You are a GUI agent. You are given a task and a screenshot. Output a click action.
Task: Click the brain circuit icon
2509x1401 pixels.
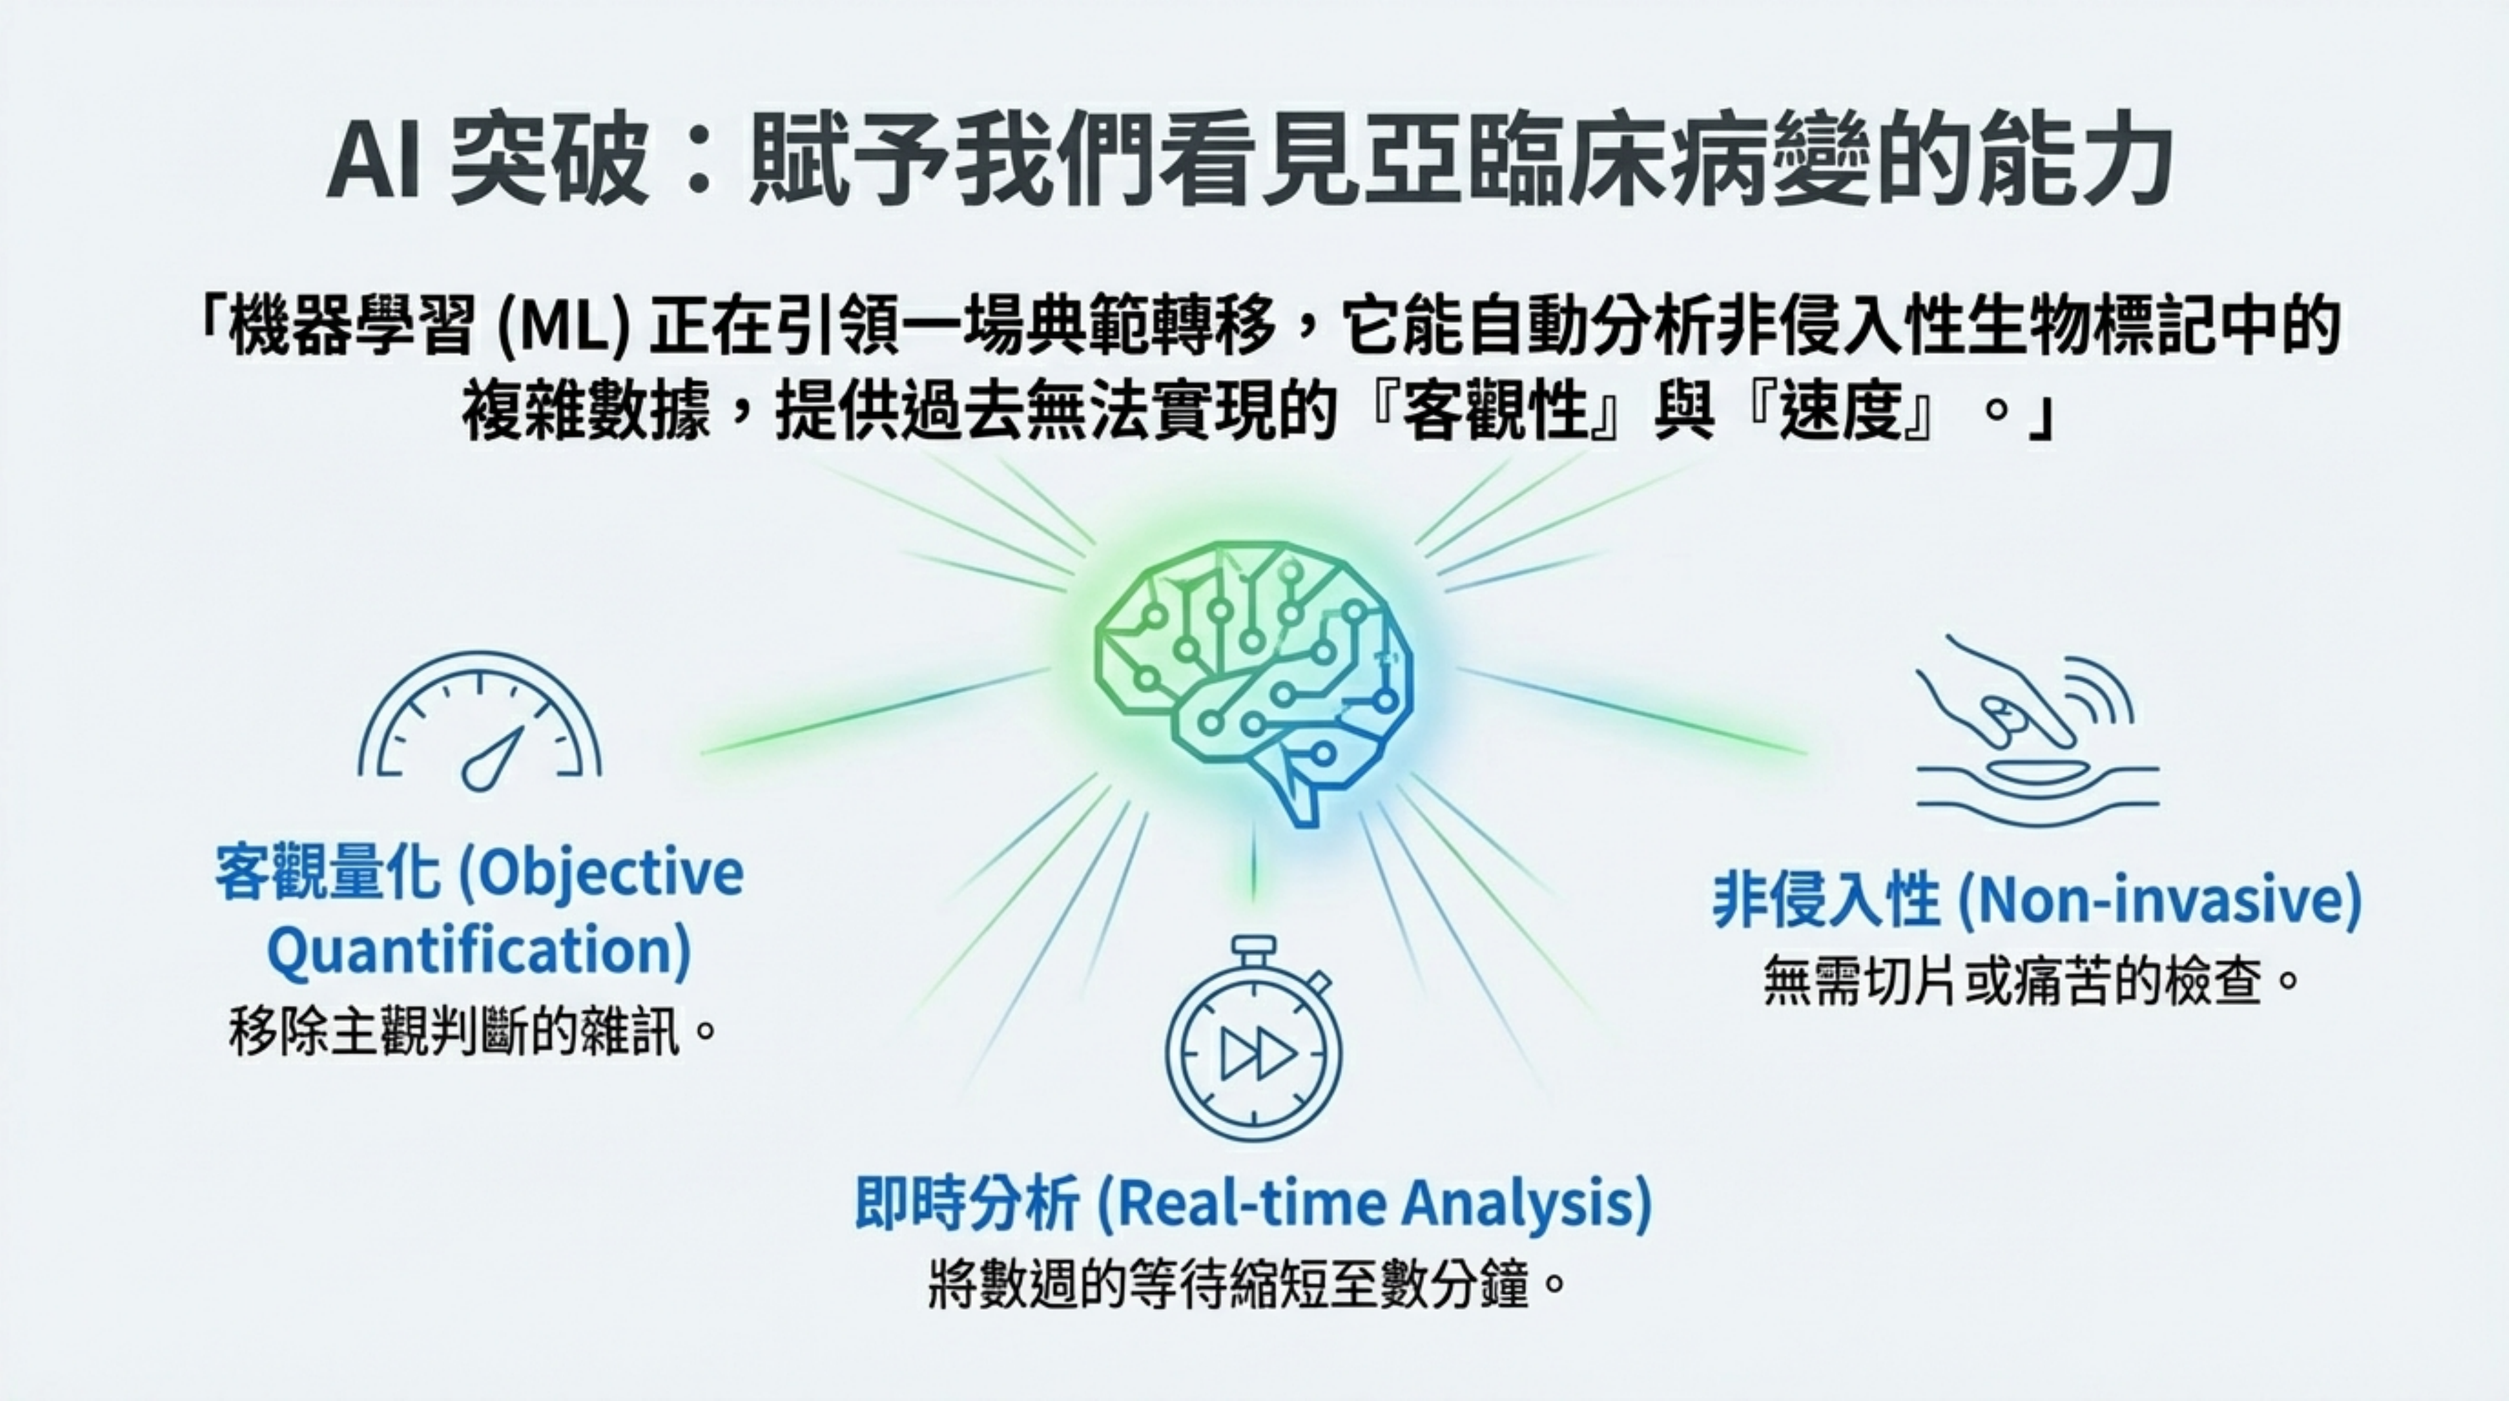(1254, 682)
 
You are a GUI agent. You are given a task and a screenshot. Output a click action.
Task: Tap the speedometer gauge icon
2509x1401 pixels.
(479, 721)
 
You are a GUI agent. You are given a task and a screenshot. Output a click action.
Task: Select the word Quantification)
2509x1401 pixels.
(478, 952)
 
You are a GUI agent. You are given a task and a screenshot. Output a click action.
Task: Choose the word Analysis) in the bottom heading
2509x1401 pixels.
(1527, 1203)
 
